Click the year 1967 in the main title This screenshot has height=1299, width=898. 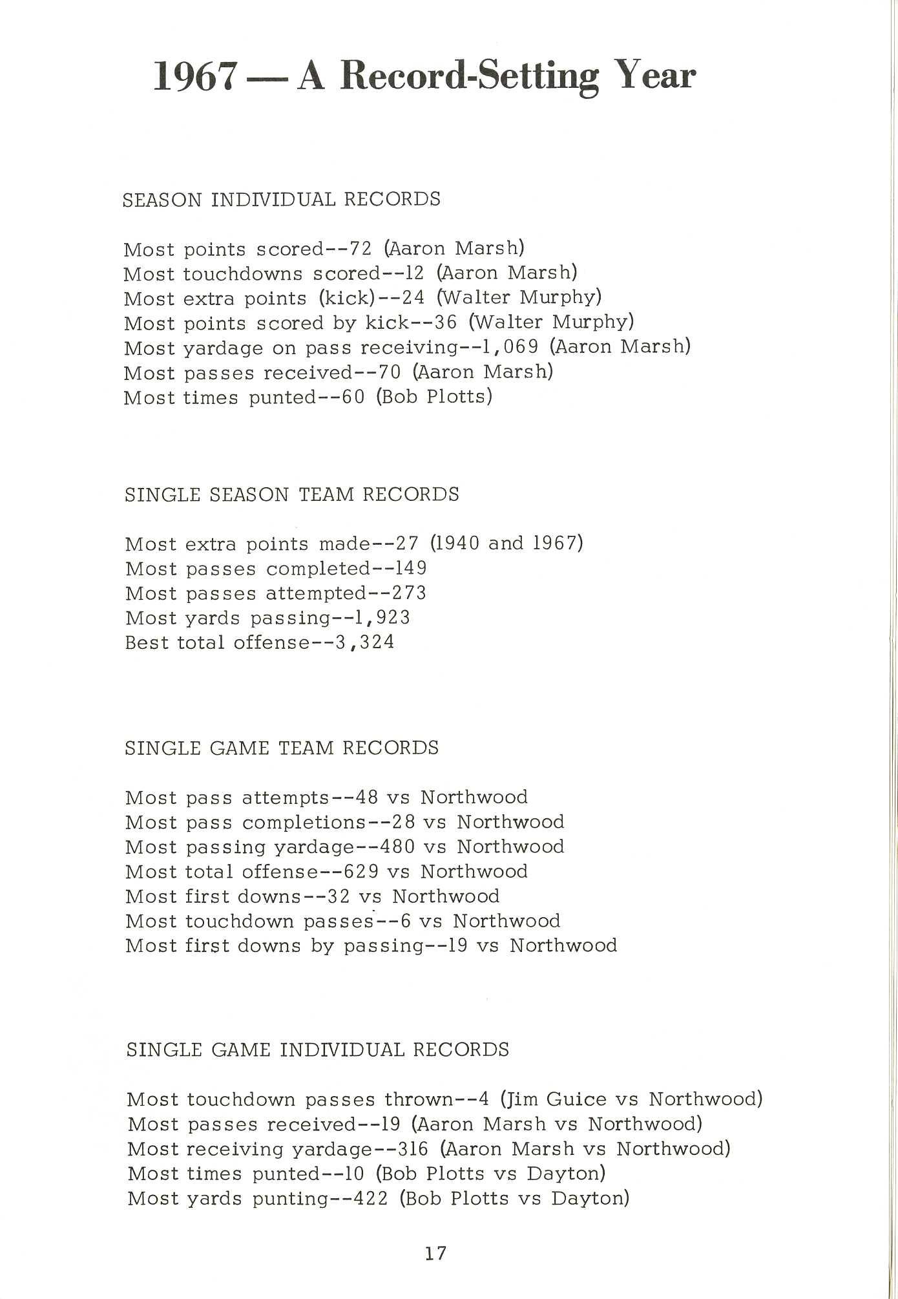point(193,77)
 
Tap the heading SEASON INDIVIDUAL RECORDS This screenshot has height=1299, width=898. point(282,199)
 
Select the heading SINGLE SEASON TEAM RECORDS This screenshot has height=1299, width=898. point(292,495)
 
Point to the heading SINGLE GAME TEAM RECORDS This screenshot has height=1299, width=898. point(282,748)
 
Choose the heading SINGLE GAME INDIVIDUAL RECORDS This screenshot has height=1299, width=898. point(318,1050)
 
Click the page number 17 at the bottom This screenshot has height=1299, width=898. point(435,1254)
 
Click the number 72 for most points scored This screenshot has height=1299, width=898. point(360,249)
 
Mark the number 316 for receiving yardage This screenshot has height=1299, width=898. point(413,1149)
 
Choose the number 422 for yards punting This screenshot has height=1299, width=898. point(372,1199)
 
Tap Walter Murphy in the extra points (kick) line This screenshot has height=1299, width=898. point(519,298)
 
